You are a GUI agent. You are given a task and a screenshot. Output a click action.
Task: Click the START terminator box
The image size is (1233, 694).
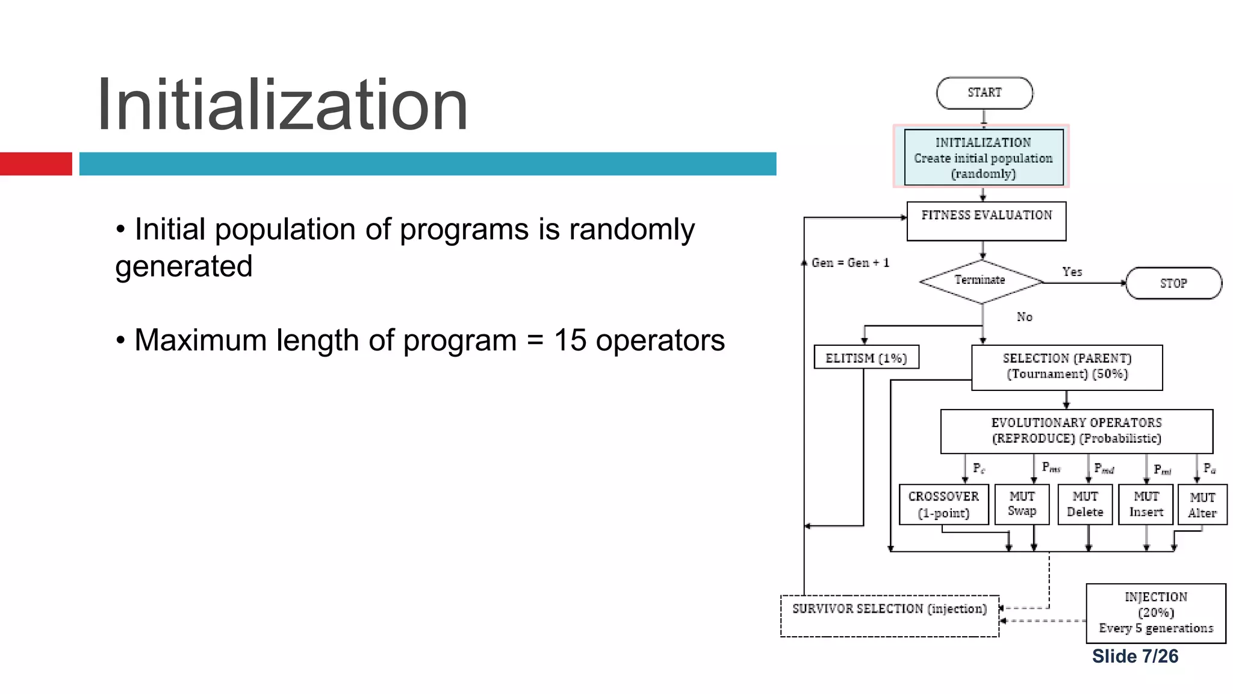point(984,93)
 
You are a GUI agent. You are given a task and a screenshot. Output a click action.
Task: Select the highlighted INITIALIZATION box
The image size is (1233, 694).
point(983,157)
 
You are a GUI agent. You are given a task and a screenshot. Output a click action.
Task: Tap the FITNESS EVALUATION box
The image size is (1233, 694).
point(986,221)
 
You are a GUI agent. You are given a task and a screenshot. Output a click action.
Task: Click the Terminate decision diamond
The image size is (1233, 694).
point(981,281)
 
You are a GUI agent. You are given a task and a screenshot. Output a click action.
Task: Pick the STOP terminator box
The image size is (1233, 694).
point(1173,283)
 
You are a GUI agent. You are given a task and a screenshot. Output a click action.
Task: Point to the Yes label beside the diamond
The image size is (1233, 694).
point(1072,272)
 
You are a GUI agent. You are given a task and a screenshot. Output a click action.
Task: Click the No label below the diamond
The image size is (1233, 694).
point(1024,317)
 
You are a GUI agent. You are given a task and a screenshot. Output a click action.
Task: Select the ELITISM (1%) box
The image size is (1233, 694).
point(866,357)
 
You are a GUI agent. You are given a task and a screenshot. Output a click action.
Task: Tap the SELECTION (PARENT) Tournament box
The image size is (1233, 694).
point(1067,367)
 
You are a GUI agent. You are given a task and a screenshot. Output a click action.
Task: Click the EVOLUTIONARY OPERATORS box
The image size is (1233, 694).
point(1076,431)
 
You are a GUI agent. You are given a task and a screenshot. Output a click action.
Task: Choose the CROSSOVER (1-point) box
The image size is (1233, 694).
point(943,504)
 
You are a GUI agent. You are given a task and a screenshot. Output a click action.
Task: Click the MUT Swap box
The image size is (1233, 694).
point(1022,504)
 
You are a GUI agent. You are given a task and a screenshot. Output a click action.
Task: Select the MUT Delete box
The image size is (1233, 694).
point(1085,504)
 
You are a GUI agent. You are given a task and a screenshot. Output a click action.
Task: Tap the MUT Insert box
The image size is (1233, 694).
point(1146,504)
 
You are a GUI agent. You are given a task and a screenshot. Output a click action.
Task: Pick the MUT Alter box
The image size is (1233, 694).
point(1202,505)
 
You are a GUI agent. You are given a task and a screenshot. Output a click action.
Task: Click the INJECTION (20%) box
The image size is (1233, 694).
point(1155,613)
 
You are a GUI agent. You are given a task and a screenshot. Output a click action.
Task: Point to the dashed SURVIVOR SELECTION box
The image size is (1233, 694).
point(889,615)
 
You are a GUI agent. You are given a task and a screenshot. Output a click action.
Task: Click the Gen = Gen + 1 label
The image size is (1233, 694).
point(850,263)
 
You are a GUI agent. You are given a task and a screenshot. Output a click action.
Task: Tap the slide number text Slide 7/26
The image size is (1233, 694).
point(1135,656)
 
